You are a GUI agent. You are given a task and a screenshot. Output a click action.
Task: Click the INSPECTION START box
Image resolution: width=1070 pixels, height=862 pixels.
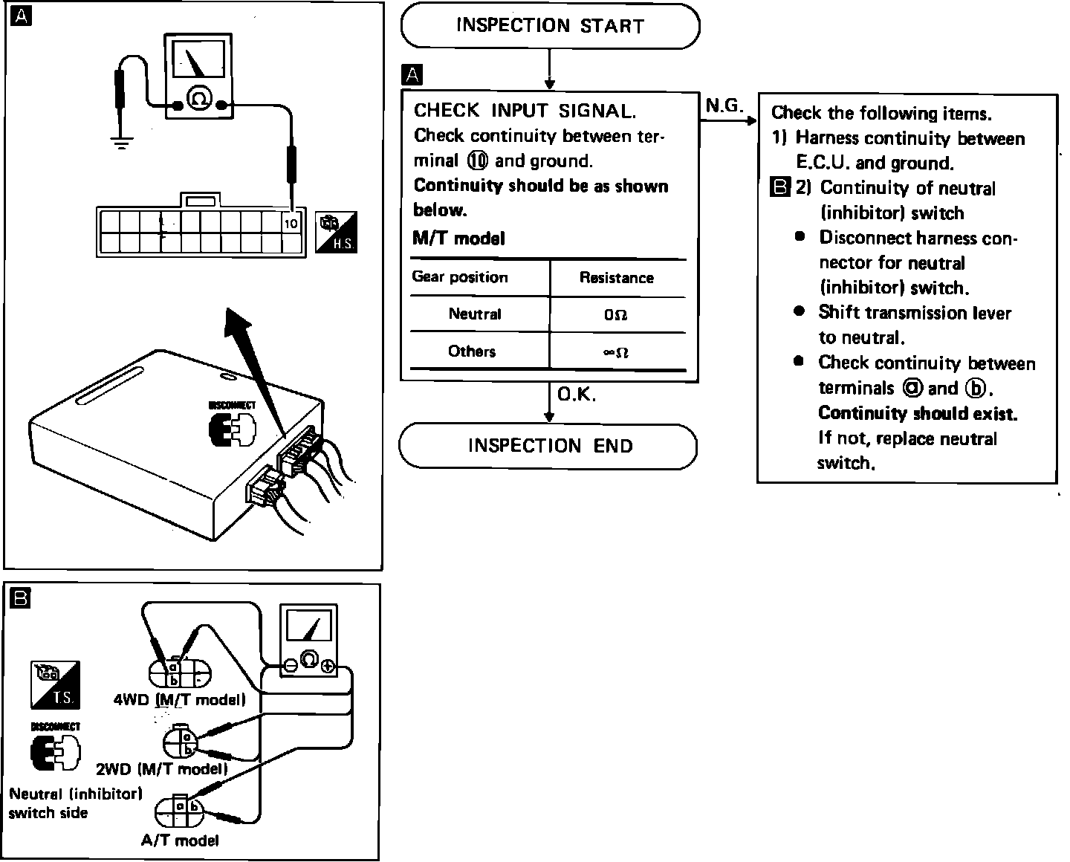click(x=550, y=26)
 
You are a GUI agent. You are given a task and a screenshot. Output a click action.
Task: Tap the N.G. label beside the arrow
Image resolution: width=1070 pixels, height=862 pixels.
click(x=724, y=106)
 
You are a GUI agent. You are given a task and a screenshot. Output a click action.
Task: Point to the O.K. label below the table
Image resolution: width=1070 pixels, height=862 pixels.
click(x=577, y=395)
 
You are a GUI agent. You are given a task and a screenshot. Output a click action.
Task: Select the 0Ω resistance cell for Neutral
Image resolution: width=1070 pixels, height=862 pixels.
click(x=616, y=315)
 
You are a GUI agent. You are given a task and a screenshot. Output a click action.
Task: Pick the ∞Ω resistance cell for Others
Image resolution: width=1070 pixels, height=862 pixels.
click(x=616, y=352)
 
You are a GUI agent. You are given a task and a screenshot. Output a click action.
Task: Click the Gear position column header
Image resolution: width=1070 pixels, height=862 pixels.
click(x=460, y=277)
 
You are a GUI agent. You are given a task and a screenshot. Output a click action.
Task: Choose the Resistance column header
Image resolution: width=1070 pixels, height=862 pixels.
click(x=616, y=278)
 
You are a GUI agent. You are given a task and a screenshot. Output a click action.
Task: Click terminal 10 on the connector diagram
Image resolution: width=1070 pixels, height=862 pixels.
click(x=291, y=223)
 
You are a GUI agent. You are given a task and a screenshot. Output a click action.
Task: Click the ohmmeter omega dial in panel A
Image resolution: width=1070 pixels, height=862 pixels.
click(x=199, y=99)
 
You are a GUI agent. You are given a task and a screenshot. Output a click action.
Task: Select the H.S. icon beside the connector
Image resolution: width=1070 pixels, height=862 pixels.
click(x=337, y=233)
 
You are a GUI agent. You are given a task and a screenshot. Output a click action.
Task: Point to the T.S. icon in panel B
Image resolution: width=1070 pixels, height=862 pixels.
click(x=55, y=684)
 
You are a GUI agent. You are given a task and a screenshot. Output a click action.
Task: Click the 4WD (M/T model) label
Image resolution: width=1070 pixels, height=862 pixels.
click(x=179, y=699)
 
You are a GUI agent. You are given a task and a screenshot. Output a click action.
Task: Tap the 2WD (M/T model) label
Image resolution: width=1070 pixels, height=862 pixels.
click(x=161, y=768)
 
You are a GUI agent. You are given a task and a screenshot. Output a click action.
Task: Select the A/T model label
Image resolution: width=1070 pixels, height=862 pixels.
click(x=180, y=840)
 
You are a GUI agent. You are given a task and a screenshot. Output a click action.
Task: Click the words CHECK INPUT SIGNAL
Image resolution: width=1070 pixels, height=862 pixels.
click(x=525, y=111)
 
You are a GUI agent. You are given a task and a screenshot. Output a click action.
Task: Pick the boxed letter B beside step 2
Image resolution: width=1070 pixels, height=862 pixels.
click(x=779, y=187)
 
